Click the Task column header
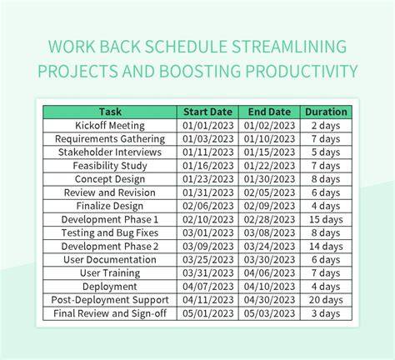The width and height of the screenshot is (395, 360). pos(110,112)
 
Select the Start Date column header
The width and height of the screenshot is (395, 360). pos(207,112)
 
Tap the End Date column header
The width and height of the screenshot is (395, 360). pos(269,112)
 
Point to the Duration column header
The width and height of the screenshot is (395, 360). pos(326,112)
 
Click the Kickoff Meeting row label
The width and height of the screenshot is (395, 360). pos(110,126)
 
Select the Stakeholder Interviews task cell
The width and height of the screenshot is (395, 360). pos(110,152)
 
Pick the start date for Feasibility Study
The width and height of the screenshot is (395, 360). pos(208,166)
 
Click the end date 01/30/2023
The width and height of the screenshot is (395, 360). pos(269,179)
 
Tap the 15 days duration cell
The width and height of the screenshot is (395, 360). pos(326,219)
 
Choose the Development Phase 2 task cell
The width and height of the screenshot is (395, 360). pos(110,247)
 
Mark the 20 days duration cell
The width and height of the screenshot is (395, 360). pos(326,300)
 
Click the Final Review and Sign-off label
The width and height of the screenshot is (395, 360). pos(110,313)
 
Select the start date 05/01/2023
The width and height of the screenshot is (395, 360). pos(208,313)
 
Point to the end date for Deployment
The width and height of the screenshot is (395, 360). pos(269,287)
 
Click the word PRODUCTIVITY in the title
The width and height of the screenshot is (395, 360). pos(302,71)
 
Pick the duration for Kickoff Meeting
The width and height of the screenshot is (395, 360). pos(326,126)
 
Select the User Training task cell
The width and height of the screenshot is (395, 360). pos(110,273)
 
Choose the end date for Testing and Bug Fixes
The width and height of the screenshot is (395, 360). pos(269,232)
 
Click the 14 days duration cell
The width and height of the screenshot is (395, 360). pos(326,247)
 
